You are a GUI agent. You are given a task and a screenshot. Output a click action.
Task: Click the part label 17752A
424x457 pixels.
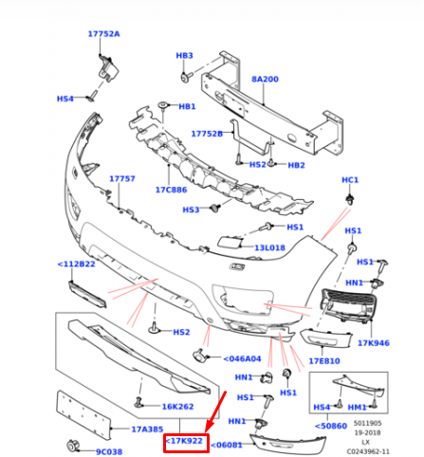pos(103,33)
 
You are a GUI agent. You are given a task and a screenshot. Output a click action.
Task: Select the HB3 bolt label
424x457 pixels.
pos(184,56)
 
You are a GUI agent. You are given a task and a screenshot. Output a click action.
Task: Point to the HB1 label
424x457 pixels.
pos(187,107)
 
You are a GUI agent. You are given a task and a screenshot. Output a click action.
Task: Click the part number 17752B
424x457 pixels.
pos(207,134)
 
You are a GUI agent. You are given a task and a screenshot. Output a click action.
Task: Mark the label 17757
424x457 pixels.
pos(121,178)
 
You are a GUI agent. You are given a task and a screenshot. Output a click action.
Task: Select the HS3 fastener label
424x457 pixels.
pos(190,210)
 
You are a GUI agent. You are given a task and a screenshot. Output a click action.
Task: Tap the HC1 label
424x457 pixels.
pos(350,179)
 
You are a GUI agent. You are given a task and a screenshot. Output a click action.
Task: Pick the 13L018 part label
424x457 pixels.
pos(270,248)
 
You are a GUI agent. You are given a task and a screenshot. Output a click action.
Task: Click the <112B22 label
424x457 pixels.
pos(77,264)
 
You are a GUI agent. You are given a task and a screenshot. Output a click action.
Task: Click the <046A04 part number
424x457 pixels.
pos(243,358)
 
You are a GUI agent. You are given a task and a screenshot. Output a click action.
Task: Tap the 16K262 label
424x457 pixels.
pos(178,406)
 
